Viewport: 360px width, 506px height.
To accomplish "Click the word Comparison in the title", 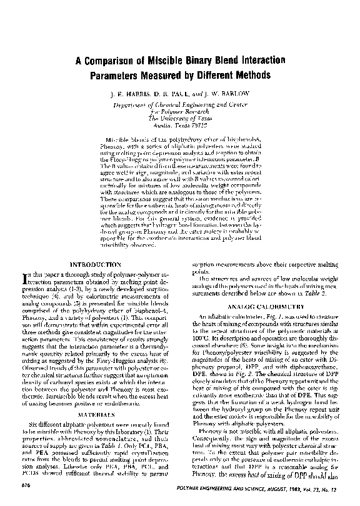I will (x=116, y=62).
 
